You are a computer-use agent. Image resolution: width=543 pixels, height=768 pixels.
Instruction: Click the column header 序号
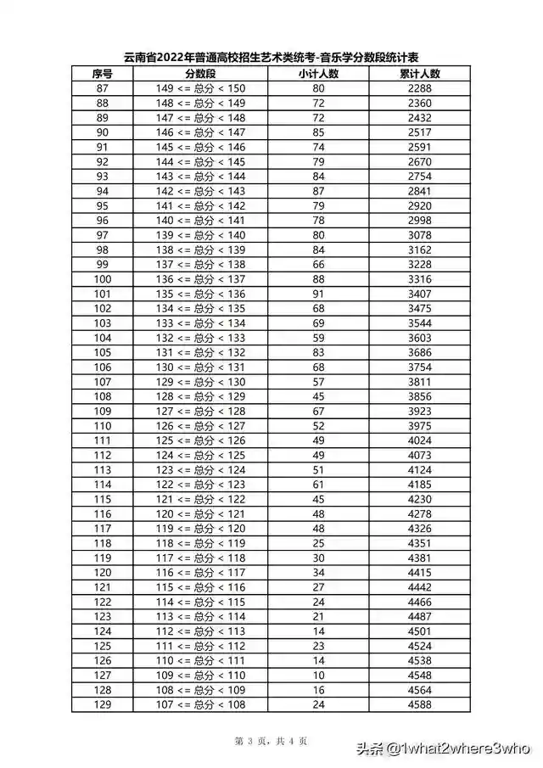point(103,74)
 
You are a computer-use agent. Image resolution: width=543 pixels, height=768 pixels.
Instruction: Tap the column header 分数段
point(200,74)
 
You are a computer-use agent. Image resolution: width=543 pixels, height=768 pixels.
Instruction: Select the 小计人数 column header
point(318,74)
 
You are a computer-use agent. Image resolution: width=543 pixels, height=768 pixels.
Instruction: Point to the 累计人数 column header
point(420,74)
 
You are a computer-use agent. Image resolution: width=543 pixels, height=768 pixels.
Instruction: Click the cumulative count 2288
point(420,88)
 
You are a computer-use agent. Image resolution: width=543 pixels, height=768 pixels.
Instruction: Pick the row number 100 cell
point(103,279)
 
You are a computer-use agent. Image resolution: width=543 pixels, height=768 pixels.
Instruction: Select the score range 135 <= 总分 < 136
point(200,294)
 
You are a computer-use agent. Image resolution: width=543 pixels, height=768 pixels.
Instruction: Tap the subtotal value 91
point(318,294)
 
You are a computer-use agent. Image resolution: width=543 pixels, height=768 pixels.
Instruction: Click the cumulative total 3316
point(420,279)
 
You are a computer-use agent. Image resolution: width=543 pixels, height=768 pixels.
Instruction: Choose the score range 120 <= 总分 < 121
point(200,514)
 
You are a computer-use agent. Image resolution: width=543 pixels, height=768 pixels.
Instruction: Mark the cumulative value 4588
point(420,704)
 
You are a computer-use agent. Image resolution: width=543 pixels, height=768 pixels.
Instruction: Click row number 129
point(103,704)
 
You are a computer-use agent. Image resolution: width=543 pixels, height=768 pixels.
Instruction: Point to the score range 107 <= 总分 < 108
point(200,704)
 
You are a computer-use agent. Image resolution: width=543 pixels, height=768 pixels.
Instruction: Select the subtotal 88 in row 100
point(318,279)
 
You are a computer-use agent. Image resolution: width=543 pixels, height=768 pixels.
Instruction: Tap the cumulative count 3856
point(420,396)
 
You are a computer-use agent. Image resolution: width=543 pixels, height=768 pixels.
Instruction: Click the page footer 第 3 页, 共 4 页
point(271,741)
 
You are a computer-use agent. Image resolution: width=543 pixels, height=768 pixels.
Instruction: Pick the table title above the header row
point(271,57)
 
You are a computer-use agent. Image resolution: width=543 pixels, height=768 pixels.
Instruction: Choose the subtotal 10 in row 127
point(318,676)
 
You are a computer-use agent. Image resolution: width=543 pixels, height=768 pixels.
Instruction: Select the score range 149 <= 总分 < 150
point(200,88)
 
